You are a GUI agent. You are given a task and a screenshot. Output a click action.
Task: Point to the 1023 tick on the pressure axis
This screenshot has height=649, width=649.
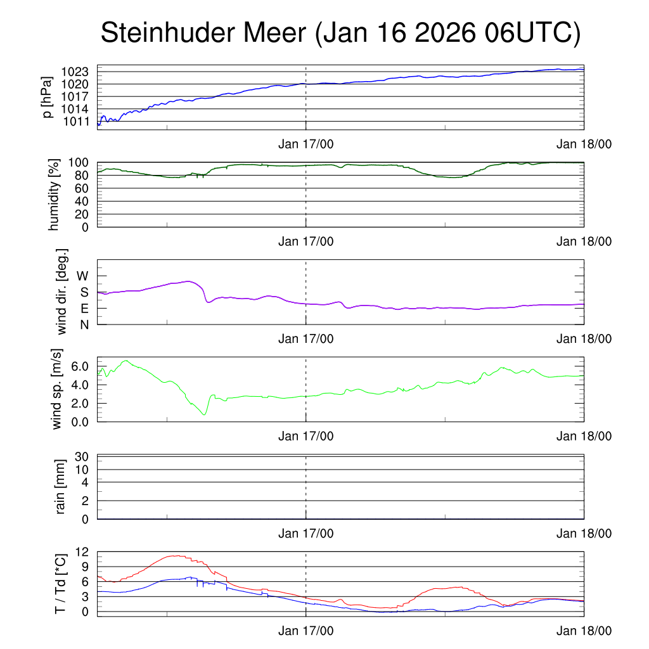[x=79, y=72]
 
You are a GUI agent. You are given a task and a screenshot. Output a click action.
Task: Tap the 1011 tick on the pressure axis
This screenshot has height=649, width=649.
[x=79, y=121]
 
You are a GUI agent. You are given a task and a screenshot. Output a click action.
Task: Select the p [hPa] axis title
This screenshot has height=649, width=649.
[x=47, y=96]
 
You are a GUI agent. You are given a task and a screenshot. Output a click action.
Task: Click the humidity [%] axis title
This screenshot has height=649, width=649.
[x=53, y=194]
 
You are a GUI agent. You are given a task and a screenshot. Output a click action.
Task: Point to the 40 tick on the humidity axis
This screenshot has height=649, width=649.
[x=85, y=201]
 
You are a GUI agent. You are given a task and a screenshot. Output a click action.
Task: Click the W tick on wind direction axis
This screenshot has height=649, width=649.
[x=82, y=276]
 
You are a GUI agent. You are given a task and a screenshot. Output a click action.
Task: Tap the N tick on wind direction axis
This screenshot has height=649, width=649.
[x=84, y=324]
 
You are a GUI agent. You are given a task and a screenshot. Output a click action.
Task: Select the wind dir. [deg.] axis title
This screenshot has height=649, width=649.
[x=61, y=292]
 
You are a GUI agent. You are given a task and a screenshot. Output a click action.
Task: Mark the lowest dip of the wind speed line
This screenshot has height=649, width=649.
[x=204, y=414]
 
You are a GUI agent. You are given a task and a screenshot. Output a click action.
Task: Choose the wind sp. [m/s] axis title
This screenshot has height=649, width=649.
[x=58, y=389]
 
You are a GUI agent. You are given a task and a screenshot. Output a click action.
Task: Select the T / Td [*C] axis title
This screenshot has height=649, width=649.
[x=61, y=584]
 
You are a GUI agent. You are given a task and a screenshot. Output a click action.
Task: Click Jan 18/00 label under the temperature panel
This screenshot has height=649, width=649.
[x=584, y=631]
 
